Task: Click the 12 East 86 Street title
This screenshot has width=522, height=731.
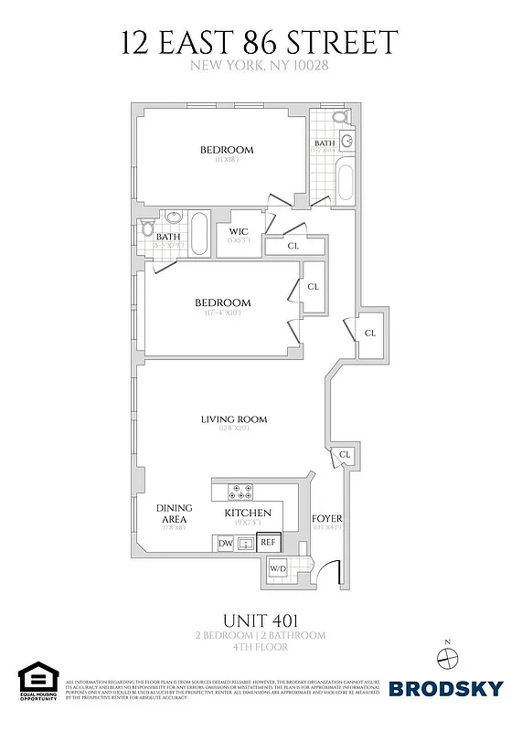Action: tap(261, 43)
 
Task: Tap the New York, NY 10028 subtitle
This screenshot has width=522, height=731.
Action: tap(261, 66)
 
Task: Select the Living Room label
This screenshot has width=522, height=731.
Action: tap(234, 420)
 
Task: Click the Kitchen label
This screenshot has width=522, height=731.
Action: tap(248, 513)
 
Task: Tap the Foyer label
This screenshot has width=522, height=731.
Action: tap(326, 517)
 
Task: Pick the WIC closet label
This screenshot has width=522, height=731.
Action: tap(240, 231)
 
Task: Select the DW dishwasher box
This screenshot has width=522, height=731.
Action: tap(225, 544)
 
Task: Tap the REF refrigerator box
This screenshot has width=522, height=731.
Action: tap(268, 543)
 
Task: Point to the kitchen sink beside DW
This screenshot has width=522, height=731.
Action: tap(245, 544)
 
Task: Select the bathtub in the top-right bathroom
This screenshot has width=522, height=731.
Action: tap(346, 182)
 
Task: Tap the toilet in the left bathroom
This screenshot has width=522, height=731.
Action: tap(149, 229)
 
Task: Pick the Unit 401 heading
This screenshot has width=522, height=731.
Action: tap(261, 620)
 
